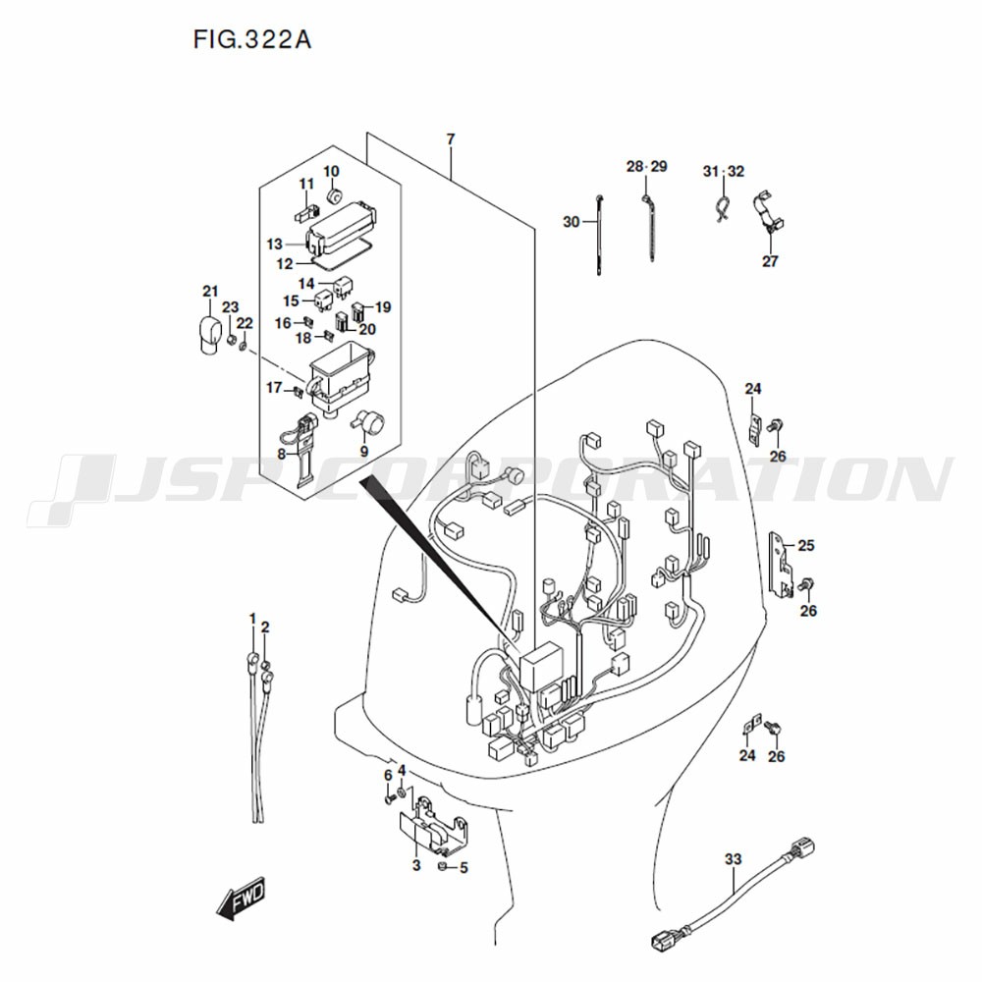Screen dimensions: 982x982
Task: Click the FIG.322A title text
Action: pyautogui.click(x=251, y=39)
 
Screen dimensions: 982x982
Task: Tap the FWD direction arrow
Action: pyautogui.click(x=242, y=899)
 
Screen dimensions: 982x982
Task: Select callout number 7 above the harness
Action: pyautogui.click(x=451, y=139)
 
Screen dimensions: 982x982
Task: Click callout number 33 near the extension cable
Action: pyautogui.click(x=733, y=859)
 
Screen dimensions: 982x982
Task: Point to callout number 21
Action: pyautogui.click(x=210, y=292)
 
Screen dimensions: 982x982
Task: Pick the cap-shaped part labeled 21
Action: pyautogui.click(x=206, y=336)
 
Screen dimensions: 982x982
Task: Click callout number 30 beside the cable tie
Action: pyautogui.click(x=572, y=222)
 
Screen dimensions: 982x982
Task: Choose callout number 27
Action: pyautogui.click(x=770, y=261)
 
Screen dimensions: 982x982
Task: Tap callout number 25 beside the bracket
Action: pyautogui.click(x=806, y=545)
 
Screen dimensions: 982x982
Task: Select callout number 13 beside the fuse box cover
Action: pyautogui.click(x=274, y=245)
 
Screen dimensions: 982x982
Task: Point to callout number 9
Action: pyautogui.click(x=364, y=452)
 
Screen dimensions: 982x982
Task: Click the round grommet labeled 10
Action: pyautogui.click(x=334, y=194)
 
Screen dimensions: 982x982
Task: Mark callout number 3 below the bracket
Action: pyautogui.click(x=416, y=865)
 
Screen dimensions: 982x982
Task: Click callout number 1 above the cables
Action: pyautogui.click(x=252, y=619)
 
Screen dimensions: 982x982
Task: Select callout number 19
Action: pyautogui.click(x=383, y=306)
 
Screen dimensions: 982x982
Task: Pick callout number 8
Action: pyautogui.click(x=281, y=454)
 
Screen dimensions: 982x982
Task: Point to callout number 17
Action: pyautogui.click(x=274, y=388)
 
